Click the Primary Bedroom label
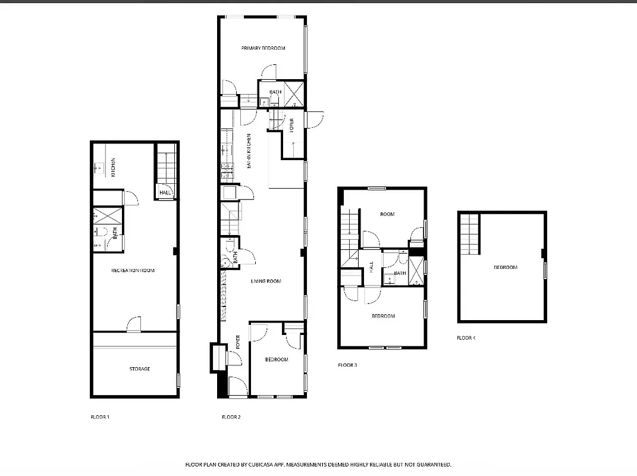263,48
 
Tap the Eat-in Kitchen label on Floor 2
249,150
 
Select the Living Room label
265,281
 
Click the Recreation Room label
133,270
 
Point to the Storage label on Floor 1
140,369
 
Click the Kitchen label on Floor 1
113,167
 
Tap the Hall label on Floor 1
165,193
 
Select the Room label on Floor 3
387,214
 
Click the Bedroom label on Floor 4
505,268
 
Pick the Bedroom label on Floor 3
383,316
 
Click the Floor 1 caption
99,417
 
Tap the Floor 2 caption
231,417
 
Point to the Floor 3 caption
347,365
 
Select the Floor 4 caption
466,338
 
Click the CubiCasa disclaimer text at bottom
318,464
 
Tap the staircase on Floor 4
469,234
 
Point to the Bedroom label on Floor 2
277,359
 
